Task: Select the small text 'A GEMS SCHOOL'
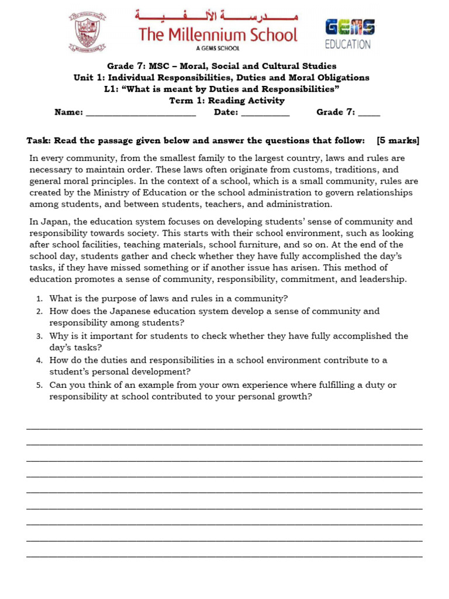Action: (217, 49)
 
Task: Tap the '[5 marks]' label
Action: (398, 140)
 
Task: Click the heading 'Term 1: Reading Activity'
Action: (227, 101)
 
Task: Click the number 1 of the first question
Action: (39, 299)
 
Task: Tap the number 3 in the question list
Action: (39, 336)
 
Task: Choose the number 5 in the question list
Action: (39, 385)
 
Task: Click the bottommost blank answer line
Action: (224, 556)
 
